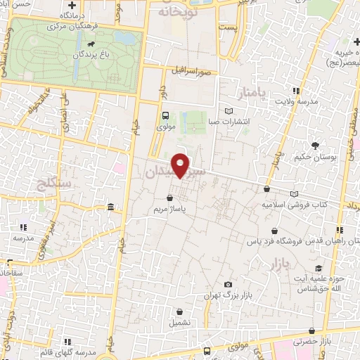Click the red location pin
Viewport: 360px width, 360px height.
(x=181, y=165)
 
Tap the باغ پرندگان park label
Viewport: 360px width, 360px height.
(x=86, y=53)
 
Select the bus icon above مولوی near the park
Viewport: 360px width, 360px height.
(x=165, y=116)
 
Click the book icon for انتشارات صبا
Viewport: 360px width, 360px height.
(x=228, y=111)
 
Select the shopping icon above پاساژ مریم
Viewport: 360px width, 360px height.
(x=170, y=198)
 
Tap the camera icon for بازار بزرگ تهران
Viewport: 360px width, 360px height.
(x=229, y=284)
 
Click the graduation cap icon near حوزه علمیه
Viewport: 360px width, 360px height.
(x=319, y=268)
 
